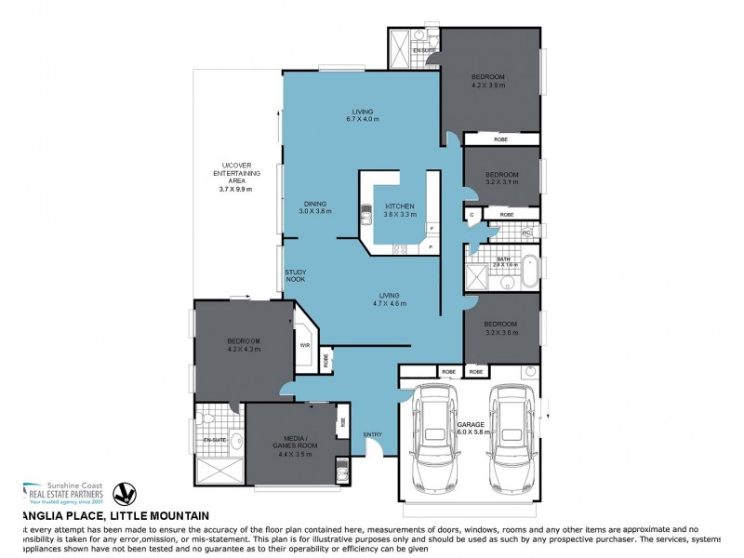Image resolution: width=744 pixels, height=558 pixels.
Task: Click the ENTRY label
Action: pos(373,434)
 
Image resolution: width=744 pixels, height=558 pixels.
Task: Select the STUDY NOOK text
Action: pos(296,276)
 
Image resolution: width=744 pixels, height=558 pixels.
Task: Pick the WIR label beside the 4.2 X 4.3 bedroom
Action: pos(304,345)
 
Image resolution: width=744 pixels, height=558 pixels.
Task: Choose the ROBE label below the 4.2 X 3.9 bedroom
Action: pos(500,139)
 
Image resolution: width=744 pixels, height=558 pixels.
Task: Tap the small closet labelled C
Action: pos(472,215)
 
